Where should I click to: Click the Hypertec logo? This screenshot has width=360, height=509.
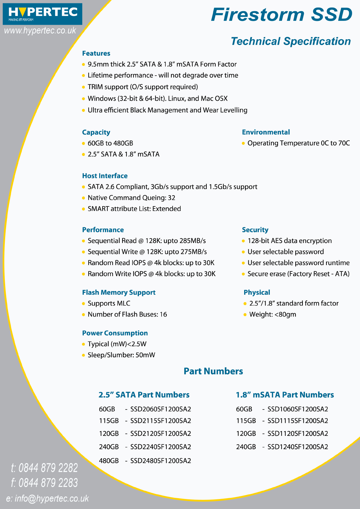42,14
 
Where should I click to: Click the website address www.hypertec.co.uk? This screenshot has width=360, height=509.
40,31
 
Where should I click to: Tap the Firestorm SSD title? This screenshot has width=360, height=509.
282,15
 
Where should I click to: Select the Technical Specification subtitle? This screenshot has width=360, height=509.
290,41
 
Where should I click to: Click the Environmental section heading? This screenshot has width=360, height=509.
266,132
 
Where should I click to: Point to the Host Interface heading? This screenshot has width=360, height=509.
105,176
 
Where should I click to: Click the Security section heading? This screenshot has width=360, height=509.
255,230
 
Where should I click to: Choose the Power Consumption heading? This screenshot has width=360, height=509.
115,333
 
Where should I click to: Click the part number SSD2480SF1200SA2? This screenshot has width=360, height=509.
161,461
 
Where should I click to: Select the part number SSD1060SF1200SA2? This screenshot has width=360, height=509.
298,409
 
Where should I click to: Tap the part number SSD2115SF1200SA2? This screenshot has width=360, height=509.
161,421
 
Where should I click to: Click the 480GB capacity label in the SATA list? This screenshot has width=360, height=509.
109,461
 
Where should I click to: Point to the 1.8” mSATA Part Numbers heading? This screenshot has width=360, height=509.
285,395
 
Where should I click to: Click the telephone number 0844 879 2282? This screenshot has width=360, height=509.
48,468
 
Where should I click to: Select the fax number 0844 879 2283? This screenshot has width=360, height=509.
48,483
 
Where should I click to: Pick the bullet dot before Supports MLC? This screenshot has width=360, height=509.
83,303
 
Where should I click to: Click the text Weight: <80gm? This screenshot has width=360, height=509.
273,314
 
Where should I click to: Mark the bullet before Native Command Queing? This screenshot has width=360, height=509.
83,198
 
